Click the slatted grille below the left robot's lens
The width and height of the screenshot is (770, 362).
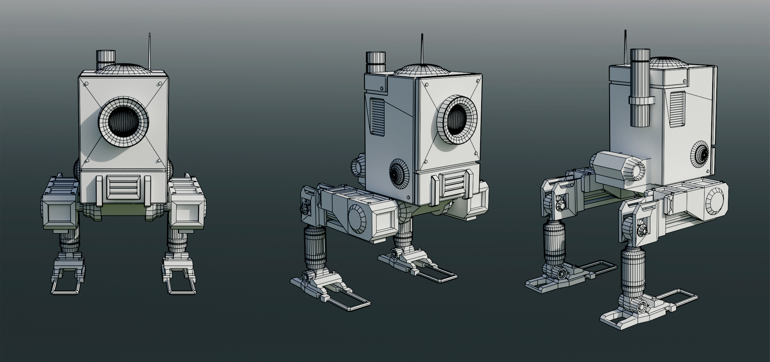click(124, 187)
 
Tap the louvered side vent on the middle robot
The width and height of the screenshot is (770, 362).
click(376, 116)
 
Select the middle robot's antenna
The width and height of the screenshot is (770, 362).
click(422, 50)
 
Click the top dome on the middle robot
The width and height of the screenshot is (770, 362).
click(421, 69)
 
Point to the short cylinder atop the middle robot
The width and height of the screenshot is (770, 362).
click(376, 62)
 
